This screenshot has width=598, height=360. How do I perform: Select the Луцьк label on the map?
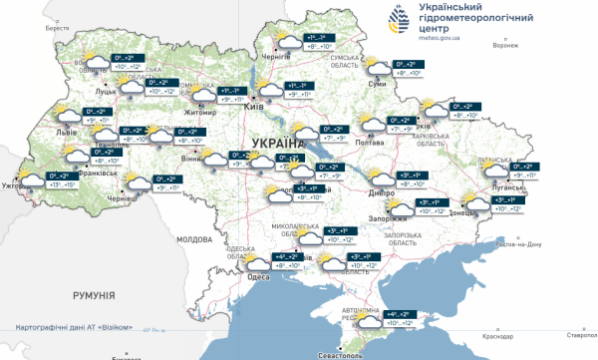(x=107, y=90)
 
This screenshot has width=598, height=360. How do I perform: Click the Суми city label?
(x=377, y=84)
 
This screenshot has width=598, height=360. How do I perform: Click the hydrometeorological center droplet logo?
(x=396, y=19)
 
